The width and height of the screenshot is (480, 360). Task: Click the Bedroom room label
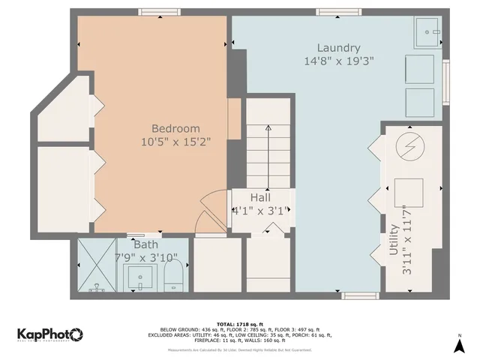tap(175, 128)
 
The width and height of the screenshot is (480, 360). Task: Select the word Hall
tap(260, 196)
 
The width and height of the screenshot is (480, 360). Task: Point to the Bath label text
tap(145, 244)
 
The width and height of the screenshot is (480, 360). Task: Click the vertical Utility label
tap(394, 240)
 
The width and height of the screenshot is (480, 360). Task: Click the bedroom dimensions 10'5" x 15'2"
tap(175, 141)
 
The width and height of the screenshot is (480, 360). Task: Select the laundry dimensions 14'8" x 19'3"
tap(339, 61)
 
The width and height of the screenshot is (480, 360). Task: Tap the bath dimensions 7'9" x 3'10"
tap(145, 257)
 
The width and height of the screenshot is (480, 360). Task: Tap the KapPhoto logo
tap(49, 334)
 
